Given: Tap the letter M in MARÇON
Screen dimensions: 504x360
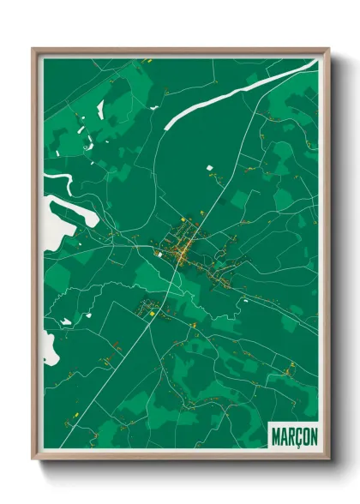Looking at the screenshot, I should pyautogui.click(x=276, y=436).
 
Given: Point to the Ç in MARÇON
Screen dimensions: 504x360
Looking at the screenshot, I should pyautogui.click(x=296, y=436).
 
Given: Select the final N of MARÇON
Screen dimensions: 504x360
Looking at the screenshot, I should pyautogui.click(x=311, y=436).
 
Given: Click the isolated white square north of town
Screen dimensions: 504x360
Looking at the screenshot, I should pyautogui.click(x=207, y=169).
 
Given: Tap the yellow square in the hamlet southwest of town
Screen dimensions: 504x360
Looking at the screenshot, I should pyautogui.click(x=151, y=315).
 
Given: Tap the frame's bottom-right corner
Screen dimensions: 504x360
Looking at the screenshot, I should pyautogui.click(x=327, y=460).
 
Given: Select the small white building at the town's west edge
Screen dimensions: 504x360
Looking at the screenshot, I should pyautogui.click(x=157, y=253).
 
